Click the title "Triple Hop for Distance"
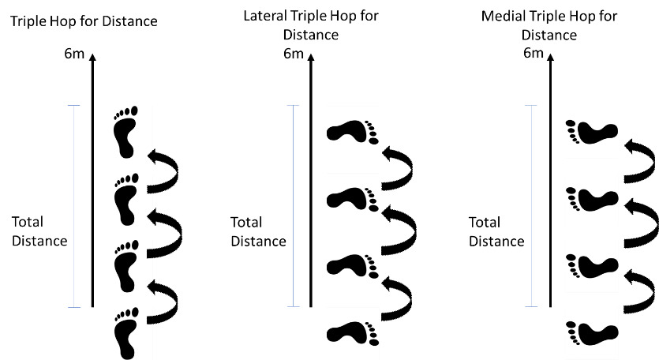pos(84,21)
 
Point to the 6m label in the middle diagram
pos(292,54)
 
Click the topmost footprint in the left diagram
pos(125,129)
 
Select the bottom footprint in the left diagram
pos(125,331)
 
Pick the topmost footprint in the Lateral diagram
pos(352,131)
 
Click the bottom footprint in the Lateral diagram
pos(352,332)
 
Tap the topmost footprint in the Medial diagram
pos(591,133)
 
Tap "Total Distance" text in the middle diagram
pos(258,231)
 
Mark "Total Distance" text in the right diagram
pos(496,231)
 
